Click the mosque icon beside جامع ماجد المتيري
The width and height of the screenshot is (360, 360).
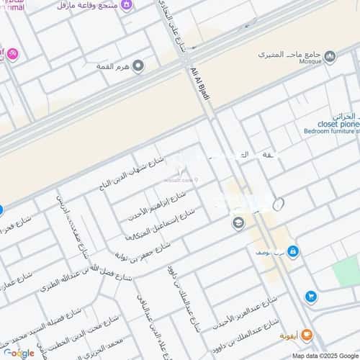[x=330, y=56]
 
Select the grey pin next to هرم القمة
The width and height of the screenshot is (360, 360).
[x=138, y=66]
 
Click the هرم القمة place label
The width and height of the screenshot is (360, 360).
[x=113, y=66]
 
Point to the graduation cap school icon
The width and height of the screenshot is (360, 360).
[x=238, y=224]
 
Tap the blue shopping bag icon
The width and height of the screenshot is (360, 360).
[x=292, y=251]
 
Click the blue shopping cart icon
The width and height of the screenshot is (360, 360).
[x=310, y=296]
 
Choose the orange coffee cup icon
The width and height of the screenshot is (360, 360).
[x=307, y=335]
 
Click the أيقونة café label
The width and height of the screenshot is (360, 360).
[x=287, y=336]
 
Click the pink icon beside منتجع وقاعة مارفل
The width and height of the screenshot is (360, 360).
[x=127, y=6]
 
